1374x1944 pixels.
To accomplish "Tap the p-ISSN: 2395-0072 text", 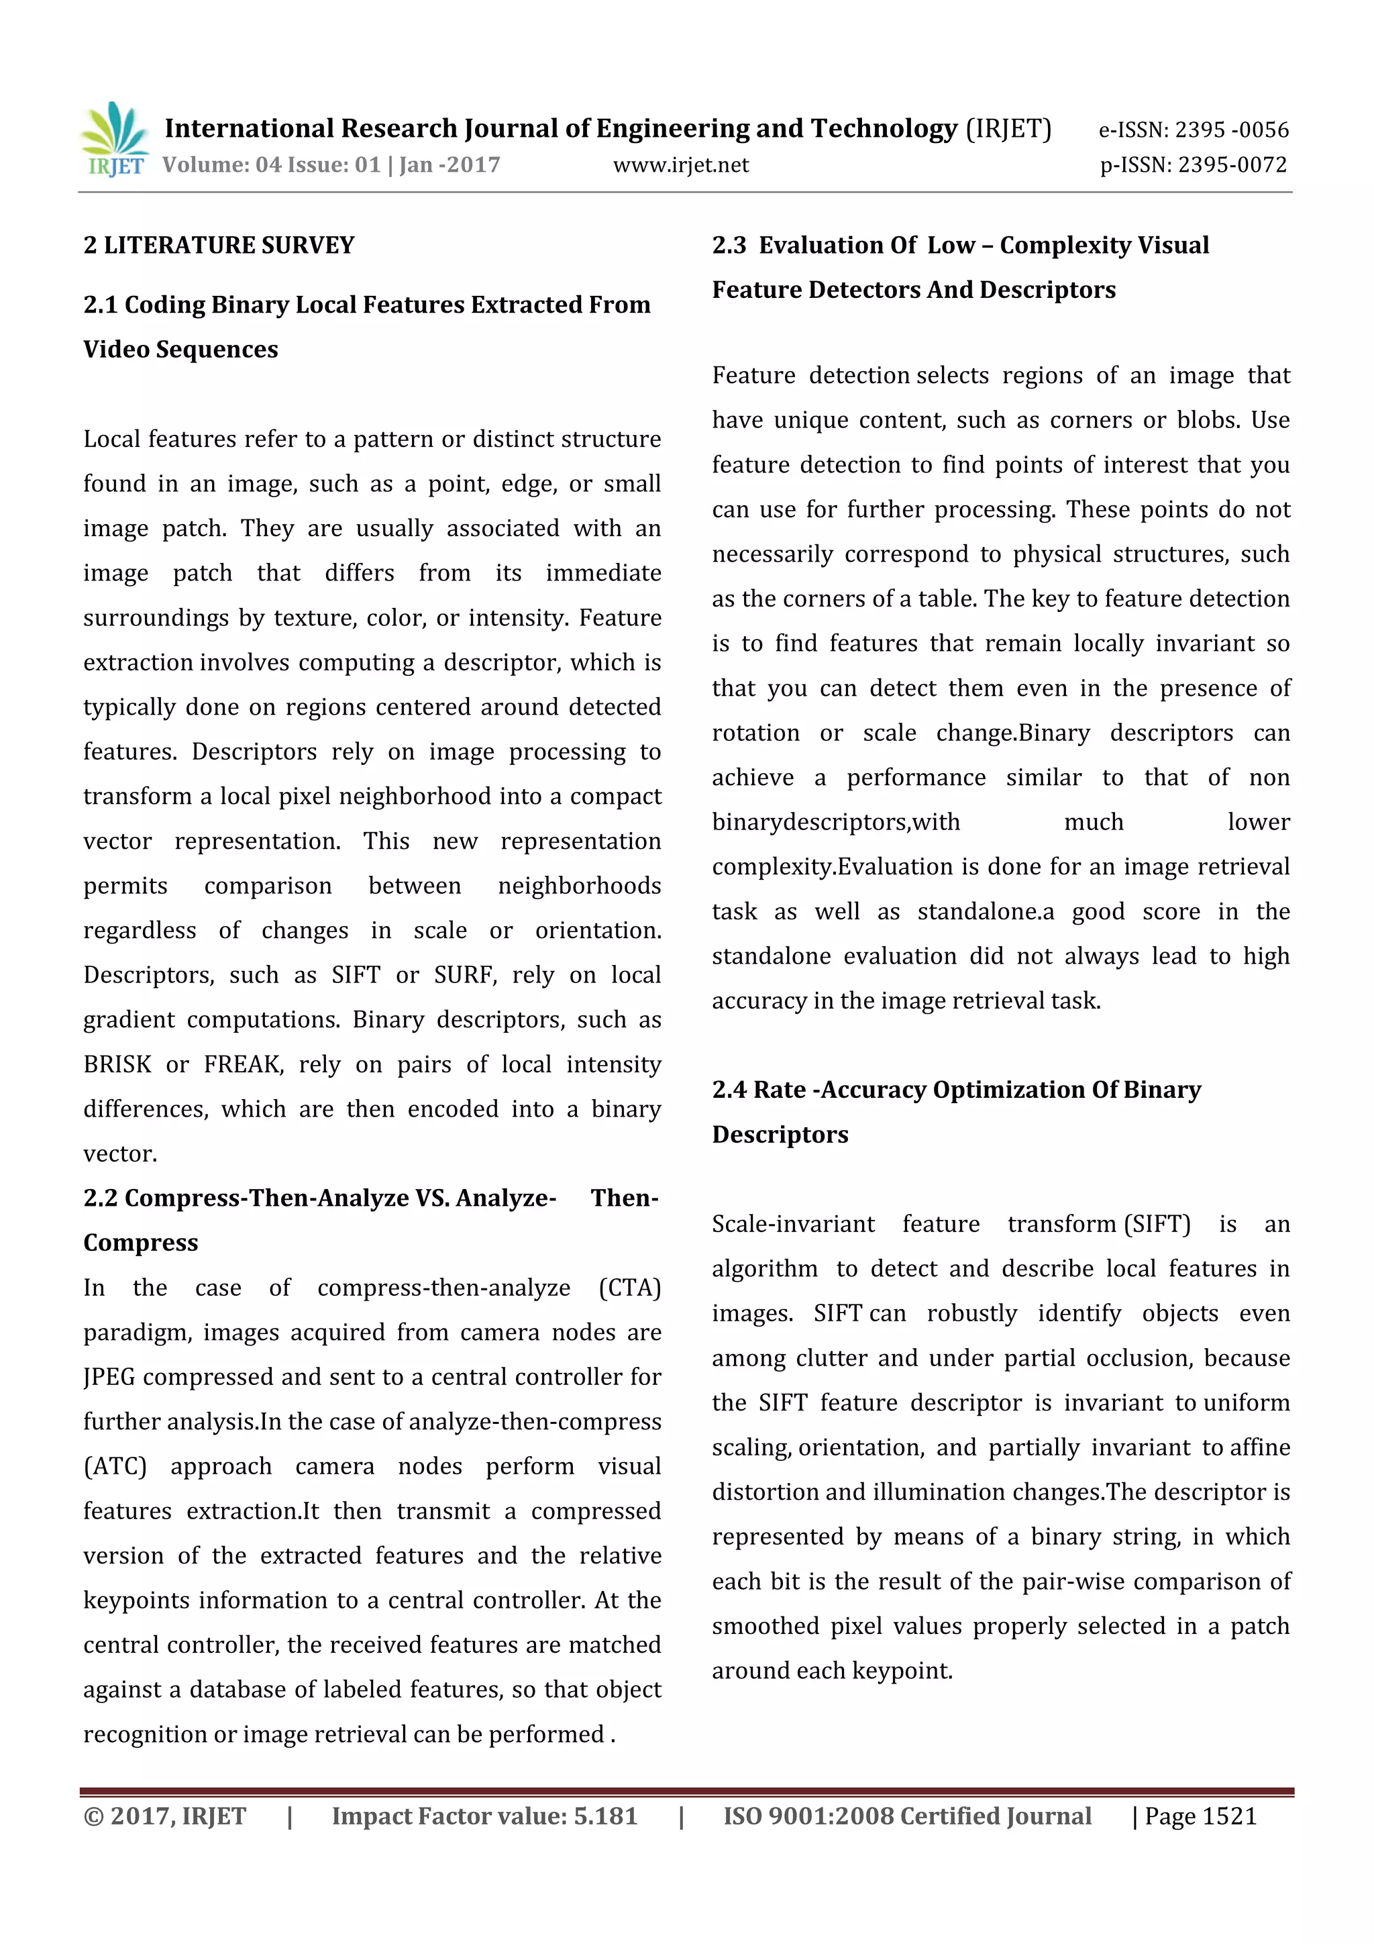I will [x=1193, y=165].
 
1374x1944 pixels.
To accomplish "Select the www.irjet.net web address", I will [x=681, y=165].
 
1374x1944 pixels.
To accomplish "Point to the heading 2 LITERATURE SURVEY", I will [x=219, y=246].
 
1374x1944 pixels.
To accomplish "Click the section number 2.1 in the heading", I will [x=100, y=305].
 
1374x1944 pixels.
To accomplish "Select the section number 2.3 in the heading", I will [x=728, y=246].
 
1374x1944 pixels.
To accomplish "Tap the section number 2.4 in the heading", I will [x=728, y=1090].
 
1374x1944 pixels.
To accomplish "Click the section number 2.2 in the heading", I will [x=100, y=1198].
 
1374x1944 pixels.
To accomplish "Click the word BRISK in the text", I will [x=117, y=1064].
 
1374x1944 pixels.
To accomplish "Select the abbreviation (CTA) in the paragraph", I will [x=629, y=1288].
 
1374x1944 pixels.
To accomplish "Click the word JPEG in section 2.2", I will [x=109, y=1378].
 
